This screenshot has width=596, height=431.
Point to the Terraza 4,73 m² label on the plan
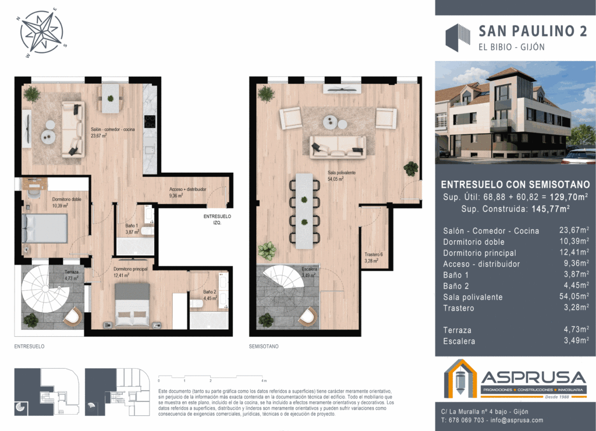click(x=72, y=275)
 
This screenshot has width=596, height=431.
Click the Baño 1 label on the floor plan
click(x=132, y=229)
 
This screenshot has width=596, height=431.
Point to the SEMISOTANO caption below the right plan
click(x=264, y=346)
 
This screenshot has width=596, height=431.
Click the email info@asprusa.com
click(x=516, y=420)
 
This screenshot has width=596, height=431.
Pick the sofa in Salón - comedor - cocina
click(x=73, y=128)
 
